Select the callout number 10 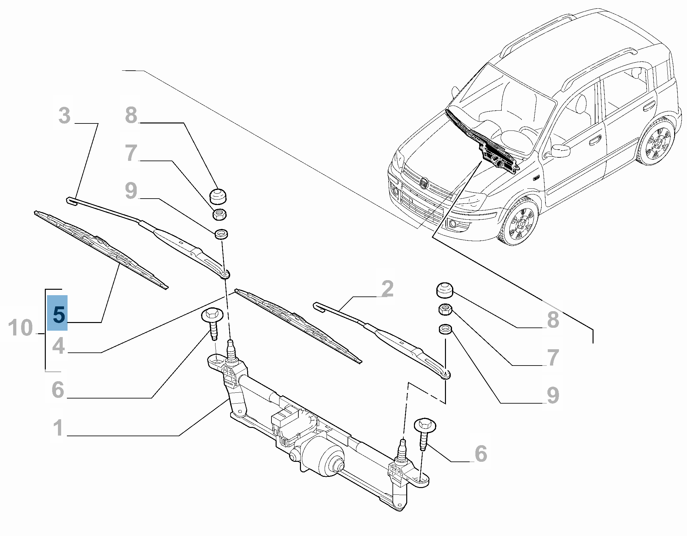[x=20, y=328]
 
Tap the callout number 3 [x=64, y=115]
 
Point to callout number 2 [x=387, y=289]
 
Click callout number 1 [x=58, y=428]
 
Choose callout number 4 [x=58, y=346]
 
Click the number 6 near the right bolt [x=481, y=453]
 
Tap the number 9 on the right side [x=553, y=395]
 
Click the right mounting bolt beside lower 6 [x=425, y=431]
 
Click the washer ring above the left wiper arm [x=221, y=234]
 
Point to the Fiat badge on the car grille [x=424, y=184]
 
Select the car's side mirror [x=561, y=151]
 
